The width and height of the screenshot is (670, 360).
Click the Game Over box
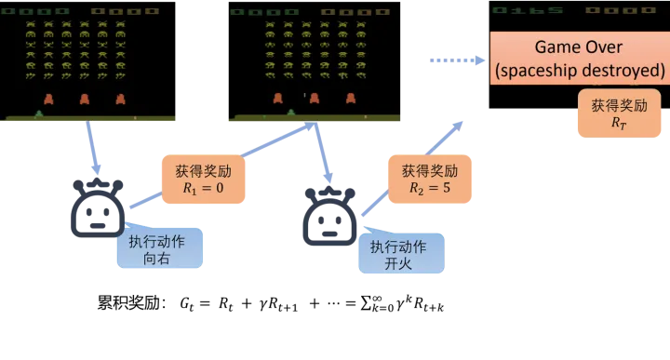point(580,58)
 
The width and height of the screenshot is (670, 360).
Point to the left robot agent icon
point(97,207)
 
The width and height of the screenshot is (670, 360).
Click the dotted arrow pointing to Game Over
point(457,60)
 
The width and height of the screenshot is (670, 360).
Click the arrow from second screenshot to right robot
point(324,153)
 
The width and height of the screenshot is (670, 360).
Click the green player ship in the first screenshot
point(38,113)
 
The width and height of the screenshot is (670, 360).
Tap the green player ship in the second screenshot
point(291,113)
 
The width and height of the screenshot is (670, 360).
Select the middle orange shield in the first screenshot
point(84,98)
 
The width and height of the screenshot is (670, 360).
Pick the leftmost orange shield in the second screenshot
point(277,98)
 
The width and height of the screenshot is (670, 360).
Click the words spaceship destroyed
point(580,70)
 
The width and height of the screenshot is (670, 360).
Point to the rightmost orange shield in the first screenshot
point(119,98)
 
